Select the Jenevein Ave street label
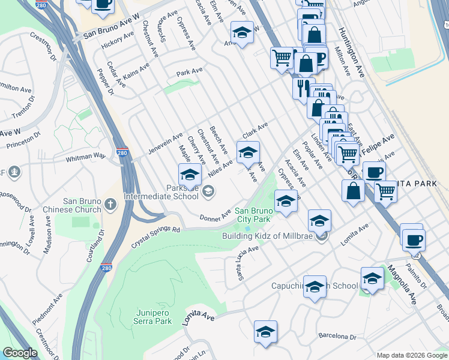coord(165,145)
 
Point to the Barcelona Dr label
coord(337,337)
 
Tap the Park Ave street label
coord(189,73)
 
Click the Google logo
coord(20,353)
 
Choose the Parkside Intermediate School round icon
coord(208,192)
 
